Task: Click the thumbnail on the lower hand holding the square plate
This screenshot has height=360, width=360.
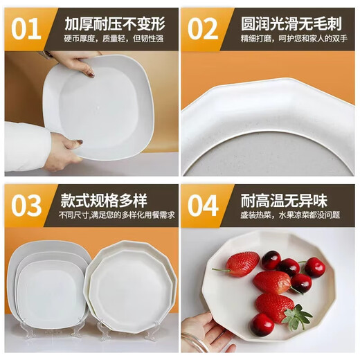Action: point(79,142)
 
